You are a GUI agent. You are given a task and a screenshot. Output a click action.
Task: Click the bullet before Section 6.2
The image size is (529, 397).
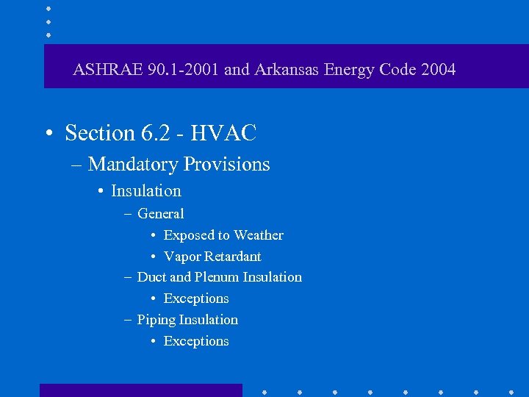click(x=48, y=134)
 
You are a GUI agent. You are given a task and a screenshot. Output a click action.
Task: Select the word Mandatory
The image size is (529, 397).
click(x=134, y=164)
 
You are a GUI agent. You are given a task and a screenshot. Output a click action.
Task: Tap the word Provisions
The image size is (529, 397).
click(x=227, y=164)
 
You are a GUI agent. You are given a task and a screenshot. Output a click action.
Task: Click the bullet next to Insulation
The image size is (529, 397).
click(x=99, y=191)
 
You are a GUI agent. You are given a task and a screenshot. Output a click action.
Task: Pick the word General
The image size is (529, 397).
click(x=161, y=214)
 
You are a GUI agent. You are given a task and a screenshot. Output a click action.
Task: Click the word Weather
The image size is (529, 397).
click(x=259, y=235)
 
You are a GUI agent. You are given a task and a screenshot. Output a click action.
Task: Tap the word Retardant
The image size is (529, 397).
click(x=232, y=257)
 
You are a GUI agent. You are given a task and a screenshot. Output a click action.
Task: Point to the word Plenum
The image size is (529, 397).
click(x=217, y=277)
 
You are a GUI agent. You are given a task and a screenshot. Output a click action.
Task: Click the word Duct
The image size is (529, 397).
click(x=151, y=277)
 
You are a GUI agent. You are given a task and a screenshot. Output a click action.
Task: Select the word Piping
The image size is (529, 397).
click(x=156, y=320)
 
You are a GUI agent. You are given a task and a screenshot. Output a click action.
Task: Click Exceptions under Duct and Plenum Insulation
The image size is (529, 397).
click(x=196, y=298)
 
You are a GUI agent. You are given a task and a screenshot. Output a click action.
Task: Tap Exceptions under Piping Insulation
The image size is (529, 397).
click(x=196, y=341)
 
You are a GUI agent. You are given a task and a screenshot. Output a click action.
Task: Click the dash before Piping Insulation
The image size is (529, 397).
click(x=128, y=320)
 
